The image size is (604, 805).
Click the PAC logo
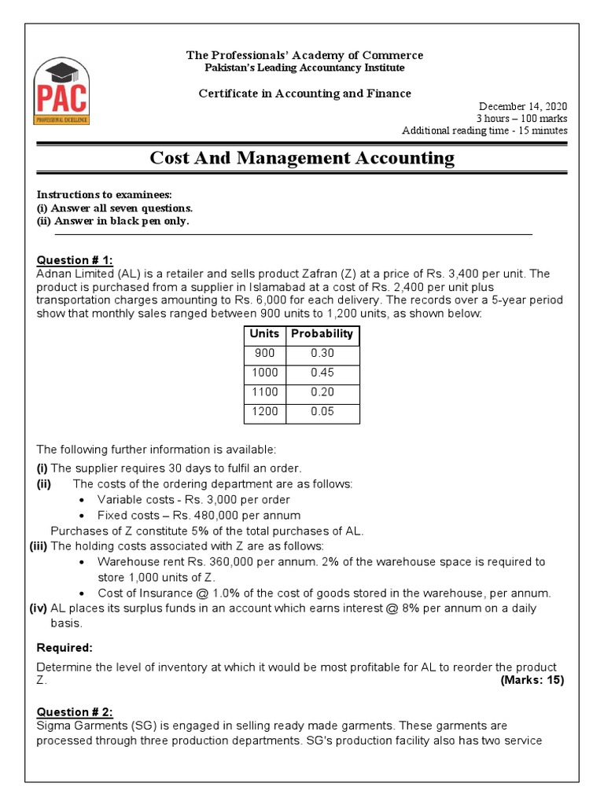[61, 91]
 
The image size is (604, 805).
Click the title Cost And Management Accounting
[302, 158]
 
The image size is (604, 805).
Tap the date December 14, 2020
[523, 106]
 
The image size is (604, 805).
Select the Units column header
[263, 334]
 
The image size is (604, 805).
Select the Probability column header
[322, 334]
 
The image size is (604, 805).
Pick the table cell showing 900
[263, 354]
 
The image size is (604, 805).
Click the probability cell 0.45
[322, 373]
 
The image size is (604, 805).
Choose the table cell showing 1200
[263, 411]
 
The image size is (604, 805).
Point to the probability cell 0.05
[322, 411]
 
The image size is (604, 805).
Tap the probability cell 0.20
[322, 392]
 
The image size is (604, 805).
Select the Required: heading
[64, 648]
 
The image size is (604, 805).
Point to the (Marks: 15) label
[532, 680]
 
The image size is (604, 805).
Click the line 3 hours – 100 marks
[522, 119]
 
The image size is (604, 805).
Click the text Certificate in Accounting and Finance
[304, 94]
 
